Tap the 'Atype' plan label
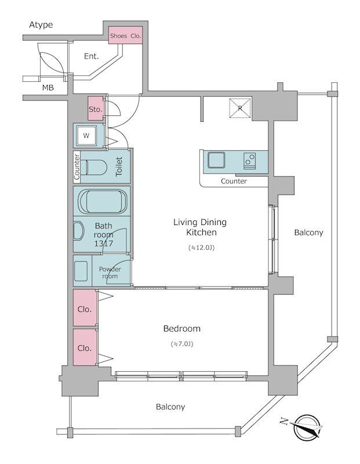pyautogui.click(x=41, y=24)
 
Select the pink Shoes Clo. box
pyautogui.click(x=126, y=36)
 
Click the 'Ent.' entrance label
pyautogui.click(x=91, y=56)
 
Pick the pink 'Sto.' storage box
pyautogui.click(x=96, y=109)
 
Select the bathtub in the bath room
pyautogui.click(x=102, y=202)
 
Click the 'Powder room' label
pyautogui.click(x=110, y=273)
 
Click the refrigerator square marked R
pyautogui.click(x=238, y=108)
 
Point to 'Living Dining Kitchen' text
pyautogui.click(x=201, y=227)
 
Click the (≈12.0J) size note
pyautogui.click(x=201, y=248)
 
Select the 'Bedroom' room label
pyautogui.click(x=181, y=328)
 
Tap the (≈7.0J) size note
pyautogui.click(x=181, y=345)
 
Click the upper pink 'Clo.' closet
pyautogui.click(x=85, y=309)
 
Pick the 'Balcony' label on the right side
pyautogui.click(x=308, y=233)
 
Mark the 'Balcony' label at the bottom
pyautogui.click(x=170, y=407)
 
